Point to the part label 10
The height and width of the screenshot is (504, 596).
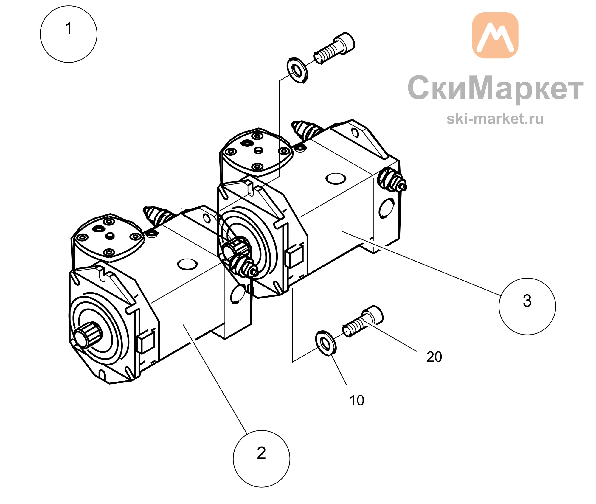pyautogui.click(x=357, y=400)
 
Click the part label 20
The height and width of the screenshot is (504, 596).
pyautogui.click(x=434, y=357)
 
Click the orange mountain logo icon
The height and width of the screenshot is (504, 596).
pyautogui.click(x=495, y=35)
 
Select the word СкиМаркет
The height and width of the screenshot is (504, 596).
pyautogui.click(x=495, y=88)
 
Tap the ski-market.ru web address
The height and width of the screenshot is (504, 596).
pyautogui.click(x=495, y=119)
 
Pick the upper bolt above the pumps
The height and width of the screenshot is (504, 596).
pyautogui.click(x=334, y=48)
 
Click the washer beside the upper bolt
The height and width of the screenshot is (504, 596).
pyautogui.click(x=297, y=70)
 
